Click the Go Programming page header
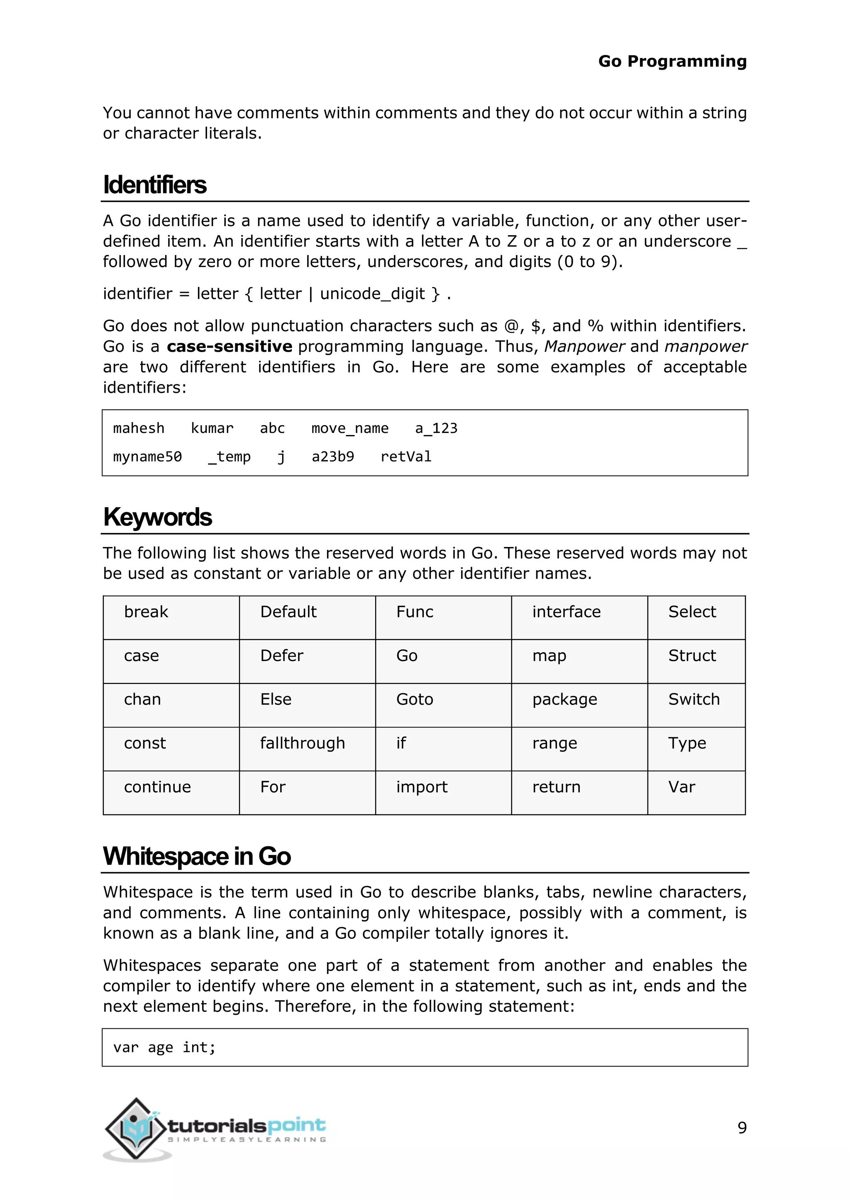(672, 61)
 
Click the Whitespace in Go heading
(197, 856)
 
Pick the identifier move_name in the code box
(349, 428)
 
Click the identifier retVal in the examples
(405, 457)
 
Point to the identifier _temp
(229, 457)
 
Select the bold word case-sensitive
(229, 346)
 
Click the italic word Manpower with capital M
(584, 346)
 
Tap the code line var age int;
(164, 1047)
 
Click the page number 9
(742, 1127)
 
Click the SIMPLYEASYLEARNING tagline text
(247, 1139)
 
